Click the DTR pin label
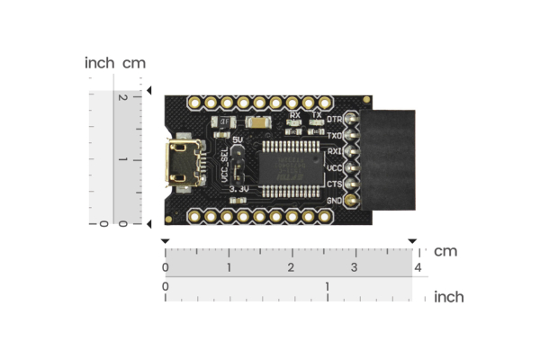(x=334, y=119)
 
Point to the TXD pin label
(x=334, y=135)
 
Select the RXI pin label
(x=334, y=151)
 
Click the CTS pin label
(x=334, y=184)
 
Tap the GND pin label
(x=334, y=200)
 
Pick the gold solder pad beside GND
(x=351, y=200)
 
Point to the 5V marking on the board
(x=238, y=140)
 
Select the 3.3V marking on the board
(x=238, y=190)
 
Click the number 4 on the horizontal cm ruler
(x=418, y=268)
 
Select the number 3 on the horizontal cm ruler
(x=354, y=268)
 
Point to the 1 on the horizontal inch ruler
(x=327, y=286)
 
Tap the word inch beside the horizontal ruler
(x=449, y=297)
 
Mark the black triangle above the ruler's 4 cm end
(x=412, y=241)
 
